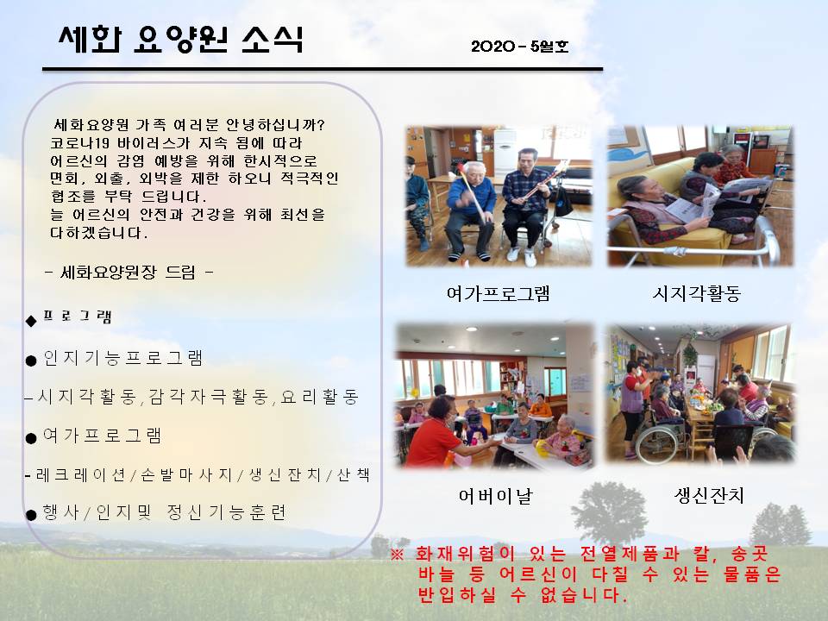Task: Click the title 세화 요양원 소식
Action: (x=180, y=40)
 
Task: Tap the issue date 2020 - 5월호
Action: (x=519, y=47)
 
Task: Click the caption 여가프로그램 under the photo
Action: (x=498, y=293)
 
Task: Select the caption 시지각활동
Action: (x=697, y=293)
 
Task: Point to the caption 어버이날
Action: (x=495, y=496)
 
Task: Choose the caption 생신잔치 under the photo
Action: (x=709, y=495)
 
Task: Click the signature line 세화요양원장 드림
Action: (x=129, y=273)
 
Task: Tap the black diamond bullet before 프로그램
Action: (x=31, y=321)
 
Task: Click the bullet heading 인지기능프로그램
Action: (x=123, y=358)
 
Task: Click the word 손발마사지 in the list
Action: (x=187, y=474)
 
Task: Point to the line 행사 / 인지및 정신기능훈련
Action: (x=164, y=512)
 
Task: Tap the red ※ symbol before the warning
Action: (x=397, y=555)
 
